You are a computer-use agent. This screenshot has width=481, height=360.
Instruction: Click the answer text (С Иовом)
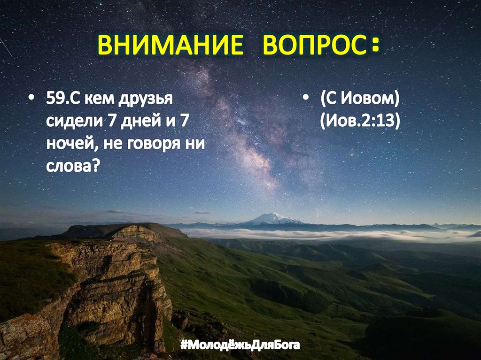[x=360, y=100]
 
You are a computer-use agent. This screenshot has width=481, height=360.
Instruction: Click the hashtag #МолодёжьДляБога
[x=240, y=346]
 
